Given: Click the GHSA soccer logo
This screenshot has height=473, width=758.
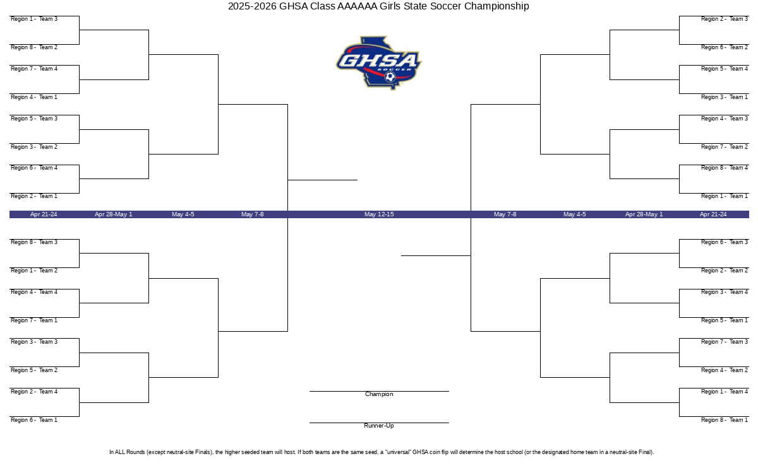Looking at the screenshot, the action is (378, 63).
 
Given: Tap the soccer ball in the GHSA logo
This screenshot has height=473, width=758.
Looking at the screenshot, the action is (390, 77).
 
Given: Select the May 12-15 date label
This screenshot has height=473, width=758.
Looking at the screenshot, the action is (379, 214).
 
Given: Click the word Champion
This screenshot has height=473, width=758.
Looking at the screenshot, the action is (379, 394).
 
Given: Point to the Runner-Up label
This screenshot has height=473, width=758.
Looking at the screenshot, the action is (379, 425).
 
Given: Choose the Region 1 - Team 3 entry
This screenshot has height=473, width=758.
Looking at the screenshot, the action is (34, 19).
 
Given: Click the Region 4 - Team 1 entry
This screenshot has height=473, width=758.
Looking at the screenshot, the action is (34, 97).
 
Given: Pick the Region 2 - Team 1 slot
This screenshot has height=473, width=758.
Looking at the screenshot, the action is (34, 196).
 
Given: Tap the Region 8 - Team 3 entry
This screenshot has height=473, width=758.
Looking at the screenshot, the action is (34, 242).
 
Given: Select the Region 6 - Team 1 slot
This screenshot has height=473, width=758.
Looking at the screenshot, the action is (34, 420).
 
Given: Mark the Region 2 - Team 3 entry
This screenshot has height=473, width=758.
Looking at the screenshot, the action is (725, 19).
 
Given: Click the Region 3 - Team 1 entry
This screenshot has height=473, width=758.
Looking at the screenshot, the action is (725, 97).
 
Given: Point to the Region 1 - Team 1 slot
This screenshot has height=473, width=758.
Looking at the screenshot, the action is (725, 196).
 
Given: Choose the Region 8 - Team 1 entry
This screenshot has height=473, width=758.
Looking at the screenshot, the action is (725, 420).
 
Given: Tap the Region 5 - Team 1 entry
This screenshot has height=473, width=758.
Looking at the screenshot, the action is (725, 320).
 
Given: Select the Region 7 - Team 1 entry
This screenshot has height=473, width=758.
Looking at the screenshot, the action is (34, 320).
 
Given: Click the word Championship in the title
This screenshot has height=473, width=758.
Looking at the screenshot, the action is (496, 6).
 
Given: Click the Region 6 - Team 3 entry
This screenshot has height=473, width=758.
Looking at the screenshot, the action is (725, 242).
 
